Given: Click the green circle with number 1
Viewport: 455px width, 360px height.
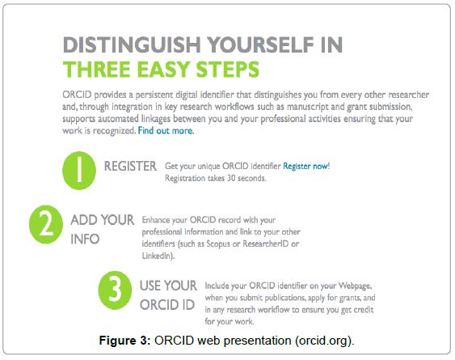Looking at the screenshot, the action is click(79, 171).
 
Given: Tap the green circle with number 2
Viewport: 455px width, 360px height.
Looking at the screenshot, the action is click(46, 224).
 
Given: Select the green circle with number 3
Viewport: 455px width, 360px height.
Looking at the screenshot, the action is click(115, 290).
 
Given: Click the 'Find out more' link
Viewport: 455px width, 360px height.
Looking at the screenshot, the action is click(166, 131).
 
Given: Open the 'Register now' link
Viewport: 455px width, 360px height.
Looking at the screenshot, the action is click(305, 166).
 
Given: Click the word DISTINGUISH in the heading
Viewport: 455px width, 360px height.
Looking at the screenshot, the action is click(132, 45).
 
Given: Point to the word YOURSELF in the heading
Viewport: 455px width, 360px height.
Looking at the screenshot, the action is click(261, 45).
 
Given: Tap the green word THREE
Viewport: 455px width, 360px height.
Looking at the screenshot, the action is click(96, 70).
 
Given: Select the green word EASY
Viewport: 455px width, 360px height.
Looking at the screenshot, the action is click(163, 70).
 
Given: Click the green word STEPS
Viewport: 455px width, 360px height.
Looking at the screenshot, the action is click(228, 70).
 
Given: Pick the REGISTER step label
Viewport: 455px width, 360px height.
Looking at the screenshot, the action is click(130, 166).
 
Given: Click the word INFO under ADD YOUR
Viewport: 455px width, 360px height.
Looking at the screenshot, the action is click(85, 239).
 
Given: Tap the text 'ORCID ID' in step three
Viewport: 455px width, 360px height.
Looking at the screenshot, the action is click(167, 305).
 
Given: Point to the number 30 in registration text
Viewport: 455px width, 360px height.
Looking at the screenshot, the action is click(231, 178).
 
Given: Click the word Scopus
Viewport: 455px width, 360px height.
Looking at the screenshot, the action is click(218, 244).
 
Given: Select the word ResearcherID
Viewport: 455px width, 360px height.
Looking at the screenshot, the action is click(266, 244).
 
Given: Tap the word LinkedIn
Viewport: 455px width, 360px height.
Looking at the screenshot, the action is click(157, 256).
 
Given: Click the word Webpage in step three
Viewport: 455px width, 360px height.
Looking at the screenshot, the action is click(355, 286).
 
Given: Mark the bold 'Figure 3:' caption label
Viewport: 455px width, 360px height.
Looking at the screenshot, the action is click(124, 341).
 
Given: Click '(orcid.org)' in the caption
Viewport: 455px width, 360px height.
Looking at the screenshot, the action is click(324, 341).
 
